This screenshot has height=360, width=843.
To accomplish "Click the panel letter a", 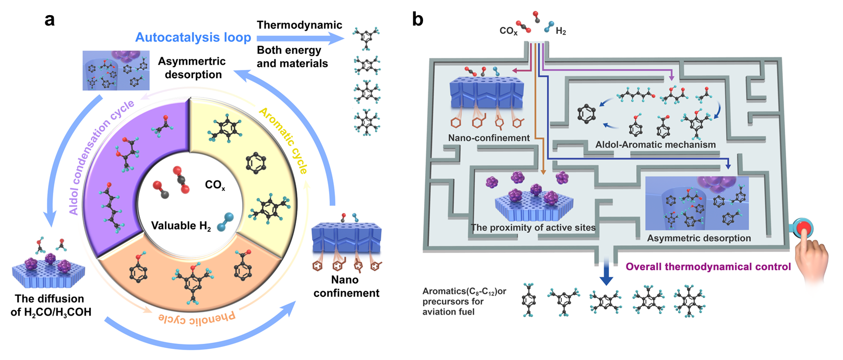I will click(50, 20).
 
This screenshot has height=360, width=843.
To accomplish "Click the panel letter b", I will click(417, 20).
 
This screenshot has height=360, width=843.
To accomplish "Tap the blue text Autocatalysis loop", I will click(193, 38).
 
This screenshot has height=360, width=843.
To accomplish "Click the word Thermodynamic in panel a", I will click(299, 25).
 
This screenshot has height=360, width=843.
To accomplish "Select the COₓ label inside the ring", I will click(215, 185).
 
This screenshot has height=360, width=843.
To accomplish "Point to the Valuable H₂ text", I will click(181, 226).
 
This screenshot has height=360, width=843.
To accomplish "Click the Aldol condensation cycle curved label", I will click(99, 157).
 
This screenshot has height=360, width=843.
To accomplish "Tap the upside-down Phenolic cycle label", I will click(197, 318).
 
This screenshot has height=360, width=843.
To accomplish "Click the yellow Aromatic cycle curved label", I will click(284, 140).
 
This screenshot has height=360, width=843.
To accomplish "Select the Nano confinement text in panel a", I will click(346, 286).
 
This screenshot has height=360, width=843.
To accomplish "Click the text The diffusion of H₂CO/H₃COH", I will click(51, 305).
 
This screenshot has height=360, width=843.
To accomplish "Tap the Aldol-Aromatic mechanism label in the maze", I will click(655, 145).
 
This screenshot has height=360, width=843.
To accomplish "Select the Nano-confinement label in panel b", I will click(489, 138).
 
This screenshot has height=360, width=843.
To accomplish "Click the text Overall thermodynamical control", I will click(708, 267).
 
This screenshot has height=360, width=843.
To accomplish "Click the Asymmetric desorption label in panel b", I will click(699, 238).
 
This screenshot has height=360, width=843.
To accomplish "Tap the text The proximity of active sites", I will click(533, 227).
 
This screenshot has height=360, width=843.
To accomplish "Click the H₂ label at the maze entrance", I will click(561, 31).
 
